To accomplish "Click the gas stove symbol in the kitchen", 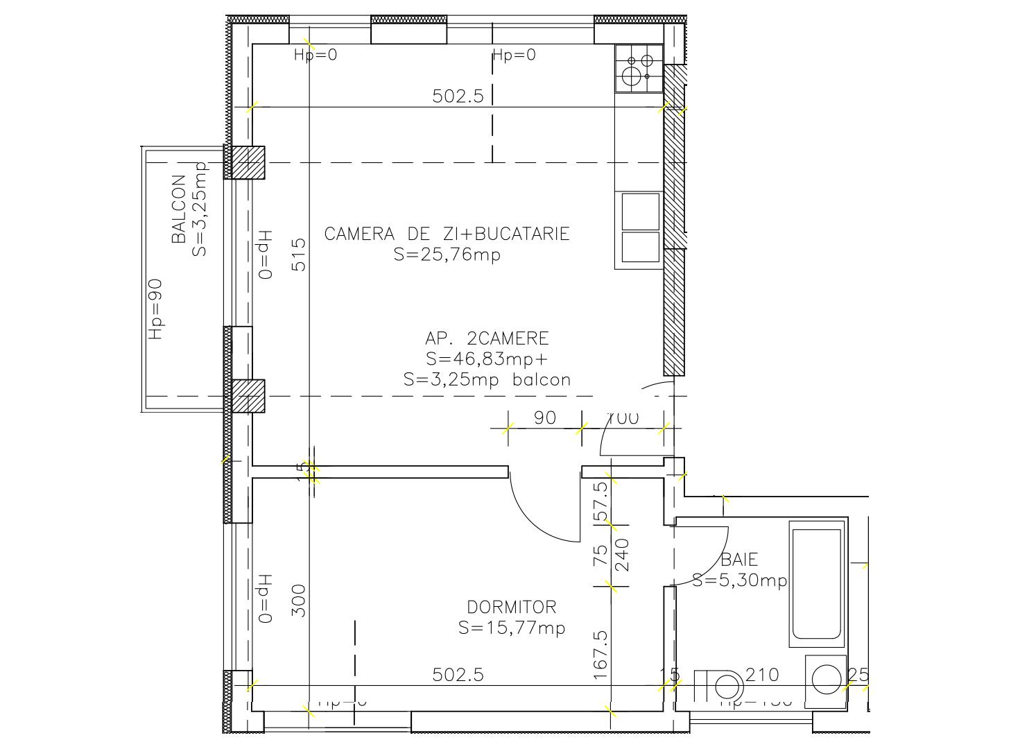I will coord(639,69).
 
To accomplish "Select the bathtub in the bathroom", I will coord(817,584).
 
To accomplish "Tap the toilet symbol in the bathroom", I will coord(721,686).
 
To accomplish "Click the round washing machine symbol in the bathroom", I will coord(826,678).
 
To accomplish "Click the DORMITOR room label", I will coord(511,608).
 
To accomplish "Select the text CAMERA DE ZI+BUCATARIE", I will coord(447,234).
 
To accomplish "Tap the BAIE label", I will coord(739,559).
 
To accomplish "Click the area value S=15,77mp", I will coord(512,628).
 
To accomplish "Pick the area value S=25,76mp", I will coord(447,255).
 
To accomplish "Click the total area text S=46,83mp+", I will coord(487,359).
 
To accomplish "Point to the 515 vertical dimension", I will coord(298,255).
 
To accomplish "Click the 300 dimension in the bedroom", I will coord(298,601).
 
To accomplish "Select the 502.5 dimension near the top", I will coord(458,96).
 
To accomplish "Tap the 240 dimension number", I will coord(622,554).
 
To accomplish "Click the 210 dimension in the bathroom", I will coord(762,675).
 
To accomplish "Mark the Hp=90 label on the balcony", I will coord(156,309).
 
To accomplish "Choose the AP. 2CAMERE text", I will coord(487,338).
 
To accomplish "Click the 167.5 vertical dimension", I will coord(600,654).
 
